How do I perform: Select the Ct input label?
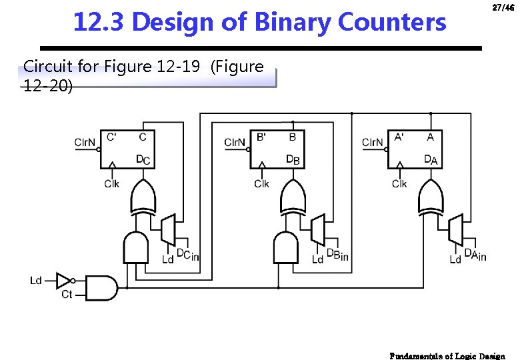67,294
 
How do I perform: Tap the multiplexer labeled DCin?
168,231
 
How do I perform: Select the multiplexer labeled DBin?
318,231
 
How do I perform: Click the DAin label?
475,255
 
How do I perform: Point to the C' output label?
112,137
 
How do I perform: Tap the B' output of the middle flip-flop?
262,137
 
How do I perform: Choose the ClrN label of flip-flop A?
372,142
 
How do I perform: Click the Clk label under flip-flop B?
261,184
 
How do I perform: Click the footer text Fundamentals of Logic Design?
447,355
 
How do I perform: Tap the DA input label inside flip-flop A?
431,159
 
